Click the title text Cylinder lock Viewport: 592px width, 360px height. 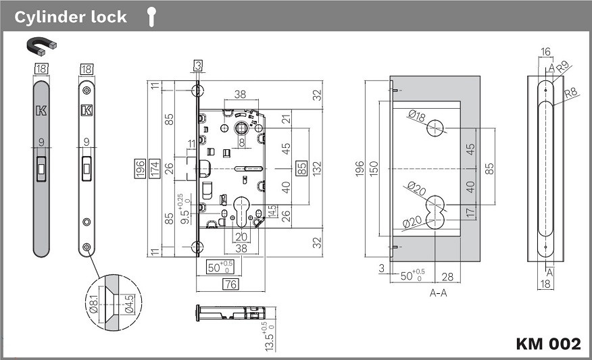coord(70,17)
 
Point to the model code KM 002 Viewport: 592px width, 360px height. coord(548,343)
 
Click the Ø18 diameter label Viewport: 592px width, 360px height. coord(417,117)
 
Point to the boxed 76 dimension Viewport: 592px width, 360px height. coord(230,284)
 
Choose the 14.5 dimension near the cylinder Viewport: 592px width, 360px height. coord(272,211)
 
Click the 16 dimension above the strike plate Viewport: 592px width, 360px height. coord(546,51)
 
